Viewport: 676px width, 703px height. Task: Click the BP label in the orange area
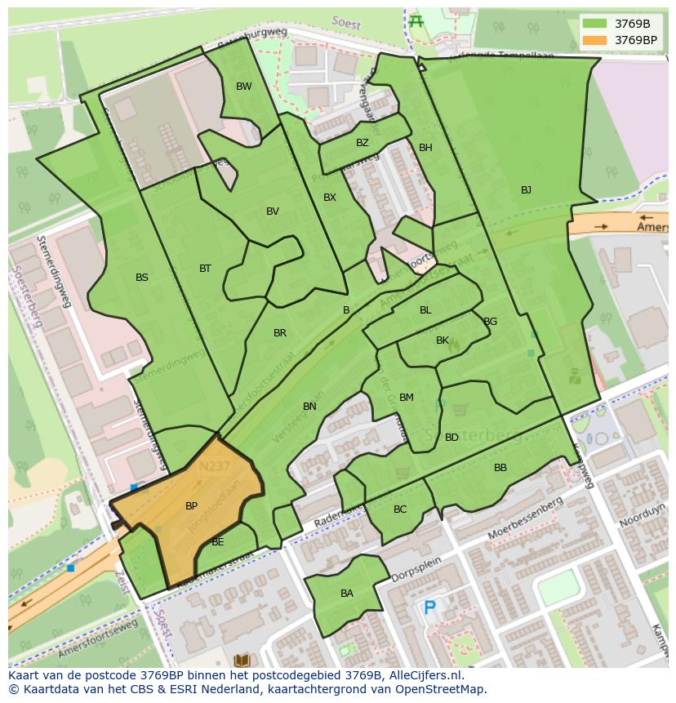191,506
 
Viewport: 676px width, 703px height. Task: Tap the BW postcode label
243,87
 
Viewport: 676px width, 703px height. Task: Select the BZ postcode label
362,143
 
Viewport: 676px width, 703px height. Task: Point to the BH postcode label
425,148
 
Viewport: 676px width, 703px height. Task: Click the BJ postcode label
526,190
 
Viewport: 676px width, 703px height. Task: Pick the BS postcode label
142,278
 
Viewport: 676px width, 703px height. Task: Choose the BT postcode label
205,269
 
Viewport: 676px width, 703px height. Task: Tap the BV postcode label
272,211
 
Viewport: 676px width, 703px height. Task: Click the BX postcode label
329,198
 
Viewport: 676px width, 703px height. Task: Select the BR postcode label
280,333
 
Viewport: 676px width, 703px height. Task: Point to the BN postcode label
309,407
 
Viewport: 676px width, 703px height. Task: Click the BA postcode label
347,594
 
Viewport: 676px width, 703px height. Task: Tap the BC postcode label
400,509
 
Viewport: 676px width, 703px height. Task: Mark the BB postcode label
500,468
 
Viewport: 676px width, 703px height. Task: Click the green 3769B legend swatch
596,24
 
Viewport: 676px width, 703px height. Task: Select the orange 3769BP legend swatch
596,39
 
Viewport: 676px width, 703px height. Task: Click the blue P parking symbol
429,607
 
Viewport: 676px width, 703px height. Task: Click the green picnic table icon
416,21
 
